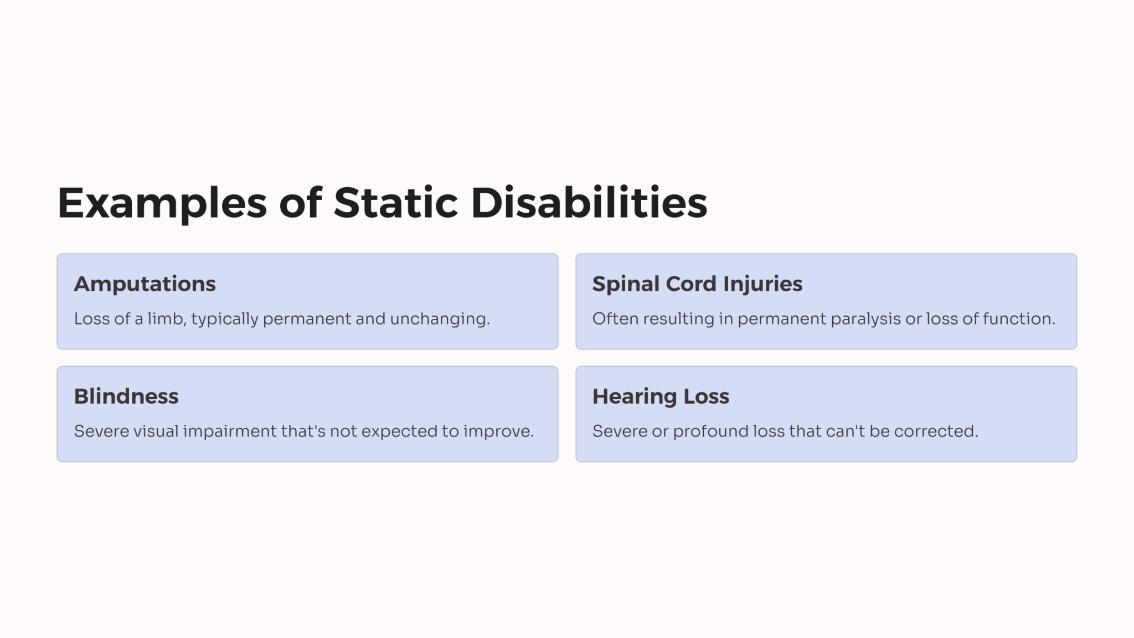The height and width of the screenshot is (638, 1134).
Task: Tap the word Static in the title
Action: click(x=395, y=202)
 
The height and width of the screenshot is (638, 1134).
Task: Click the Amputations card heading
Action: click(x=145, y=284)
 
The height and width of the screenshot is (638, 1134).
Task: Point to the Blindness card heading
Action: click(x=126, y=397)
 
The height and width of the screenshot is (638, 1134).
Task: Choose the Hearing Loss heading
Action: click(x=661, y=397)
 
